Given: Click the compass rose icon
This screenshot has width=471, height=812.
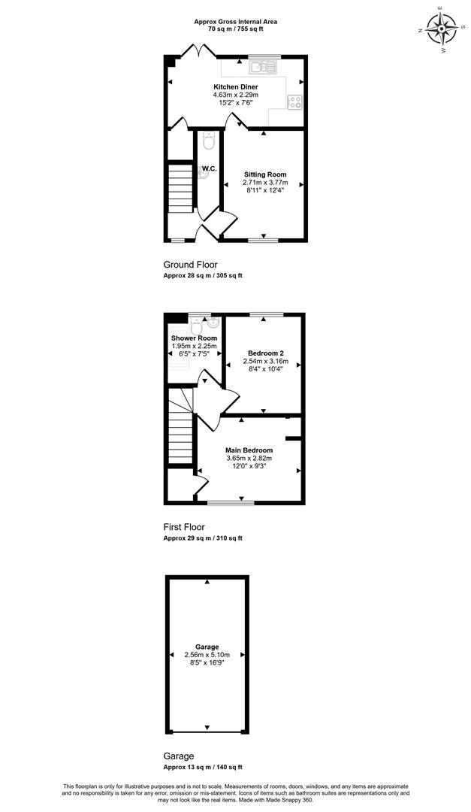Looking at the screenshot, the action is (x=440, y=29).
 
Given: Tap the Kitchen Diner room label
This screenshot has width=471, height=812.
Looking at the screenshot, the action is (x=236, y=87).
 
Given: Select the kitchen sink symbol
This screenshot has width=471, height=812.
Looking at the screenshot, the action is (x=264, y=66).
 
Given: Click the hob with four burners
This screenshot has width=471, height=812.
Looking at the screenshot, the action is (x=295, y=101).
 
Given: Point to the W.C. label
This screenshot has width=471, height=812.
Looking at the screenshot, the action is (x=209, y=169).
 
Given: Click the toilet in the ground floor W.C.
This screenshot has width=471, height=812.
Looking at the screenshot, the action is (x=209, y=141).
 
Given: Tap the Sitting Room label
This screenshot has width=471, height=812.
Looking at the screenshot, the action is (x=265, y=174).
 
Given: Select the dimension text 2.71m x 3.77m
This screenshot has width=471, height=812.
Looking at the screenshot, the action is (x=265, y=183).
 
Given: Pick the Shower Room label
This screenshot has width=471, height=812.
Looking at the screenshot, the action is (x=194, y=338).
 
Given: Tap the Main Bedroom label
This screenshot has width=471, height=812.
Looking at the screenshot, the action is (x=249, y=450).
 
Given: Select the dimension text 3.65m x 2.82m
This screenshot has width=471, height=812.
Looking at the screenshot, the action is (x=249, y=459).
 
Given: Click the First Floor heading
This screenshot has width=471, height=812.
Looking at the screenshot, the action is (x=184, y=527).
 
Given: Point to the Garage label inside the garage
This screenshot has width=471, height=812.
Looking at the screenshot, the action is (x=207, y=647).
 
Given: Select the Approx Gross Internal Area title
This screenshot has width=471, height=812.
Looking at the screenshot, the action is (x=236, y=22).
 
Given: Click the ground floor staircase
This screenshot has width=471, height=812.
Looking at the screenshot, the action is (x=180, y=188).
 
